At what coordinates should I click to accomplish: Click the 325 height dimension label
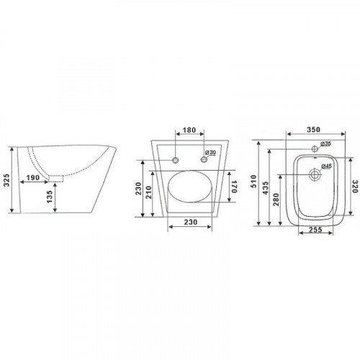point(6,180)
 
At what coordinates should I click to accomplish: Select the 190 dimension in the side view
point(33,178)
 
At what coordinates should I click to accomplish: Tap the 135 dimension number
point(50,197)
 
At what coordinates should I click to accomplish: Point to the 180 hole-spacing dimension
point(189,130)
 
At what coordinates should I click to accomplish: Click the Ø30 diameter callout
point(210,153)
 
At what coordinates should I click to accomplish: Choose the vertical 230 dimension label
point(138,189)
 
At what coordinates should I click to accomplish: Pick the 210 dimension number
point(149,192)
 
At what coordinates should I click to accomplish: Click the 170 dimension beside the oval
point(234,186)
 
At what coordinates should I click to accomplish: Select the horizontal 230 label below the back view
point(191,222)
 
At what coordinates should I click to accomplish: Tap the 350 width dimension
point(313,130)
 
